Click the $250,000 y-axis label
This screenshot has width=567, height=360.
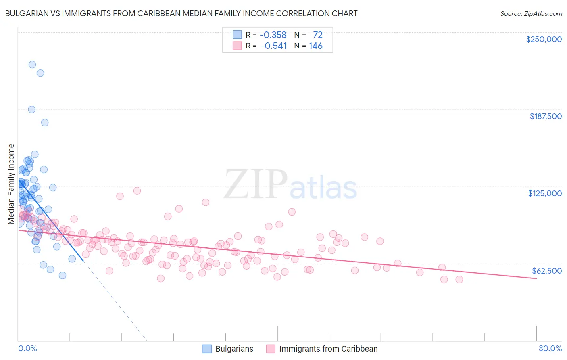[x=544, y=39]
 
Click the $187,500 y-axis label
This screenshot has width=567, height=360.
[x=545, y=116]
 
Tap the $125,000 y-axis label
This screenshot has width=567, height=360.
[x=545, y=193]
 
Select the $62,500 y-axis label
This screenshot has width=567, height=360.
[x=546, y=270]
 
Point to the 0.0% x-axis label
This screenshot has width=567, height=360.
[x=27, y=348]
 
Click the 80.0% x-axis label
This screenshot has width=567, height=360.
[x=550, y=348]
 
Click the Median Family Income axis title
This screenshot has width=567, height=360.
[x=11, y=184]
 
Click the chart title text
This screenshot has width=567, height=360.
[x=181, y=13]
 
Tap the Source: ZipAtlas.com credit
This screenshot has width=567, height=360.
[x=531, y=13]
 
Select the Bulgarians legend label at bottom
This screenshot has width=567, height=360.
[x=234, y=349]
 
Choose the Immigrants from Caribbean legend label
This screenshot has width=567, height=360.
[x=328, y=349]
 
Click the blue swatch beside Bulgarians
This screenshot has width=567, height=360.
[x=207, y=349]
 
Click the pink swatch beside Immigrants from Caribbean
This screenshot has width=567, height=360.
[x=271, y=349]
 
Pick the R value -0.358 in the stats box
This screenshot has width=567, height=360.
[x=273, y=35]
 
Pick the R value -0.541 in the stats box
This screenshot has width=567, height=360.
[x=274, y=46]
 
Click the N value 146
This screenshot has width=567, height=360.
[x=316, y=46]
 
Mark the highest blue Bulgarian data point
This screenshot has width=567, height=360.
[x=32, y=65]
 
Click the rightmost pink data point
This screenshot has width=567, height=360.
[x=459, y=279]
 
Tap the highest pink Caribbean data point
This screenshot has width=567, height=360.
[x=137, y=190]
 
